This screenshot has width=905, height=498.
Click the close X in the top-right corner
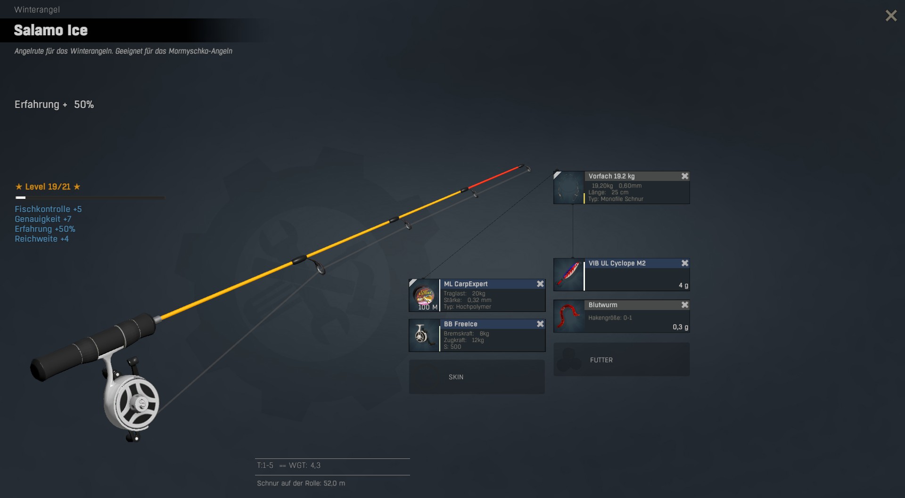891,16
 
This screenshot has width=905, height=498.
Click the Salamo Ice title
51,31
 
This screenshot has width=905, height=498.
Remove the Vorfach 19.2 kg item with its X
685,176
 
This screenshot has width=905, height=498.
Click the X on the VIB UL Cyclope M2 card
685,263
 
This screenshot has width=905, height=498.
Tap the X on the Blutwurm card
685,305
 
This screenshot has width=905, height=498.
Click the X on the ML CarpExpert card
540,284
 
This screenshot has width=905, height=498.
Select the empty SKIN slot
477,377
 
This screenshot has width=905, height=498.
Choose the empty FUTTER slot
621,359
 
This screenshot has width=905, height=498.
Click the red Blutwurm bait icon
568,317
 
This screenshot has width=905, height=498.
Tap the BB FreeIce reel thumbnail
424,335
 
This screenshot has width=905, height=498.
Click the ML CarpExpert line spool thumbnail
424,295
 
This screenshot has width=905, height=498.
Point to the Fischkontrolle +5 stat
48,209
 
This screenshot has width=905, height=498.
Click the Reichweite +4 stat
41,239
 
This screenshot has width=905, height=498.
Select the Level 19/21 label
48,187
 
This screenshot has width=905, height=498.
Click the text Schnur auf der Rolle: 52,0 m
301,483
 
